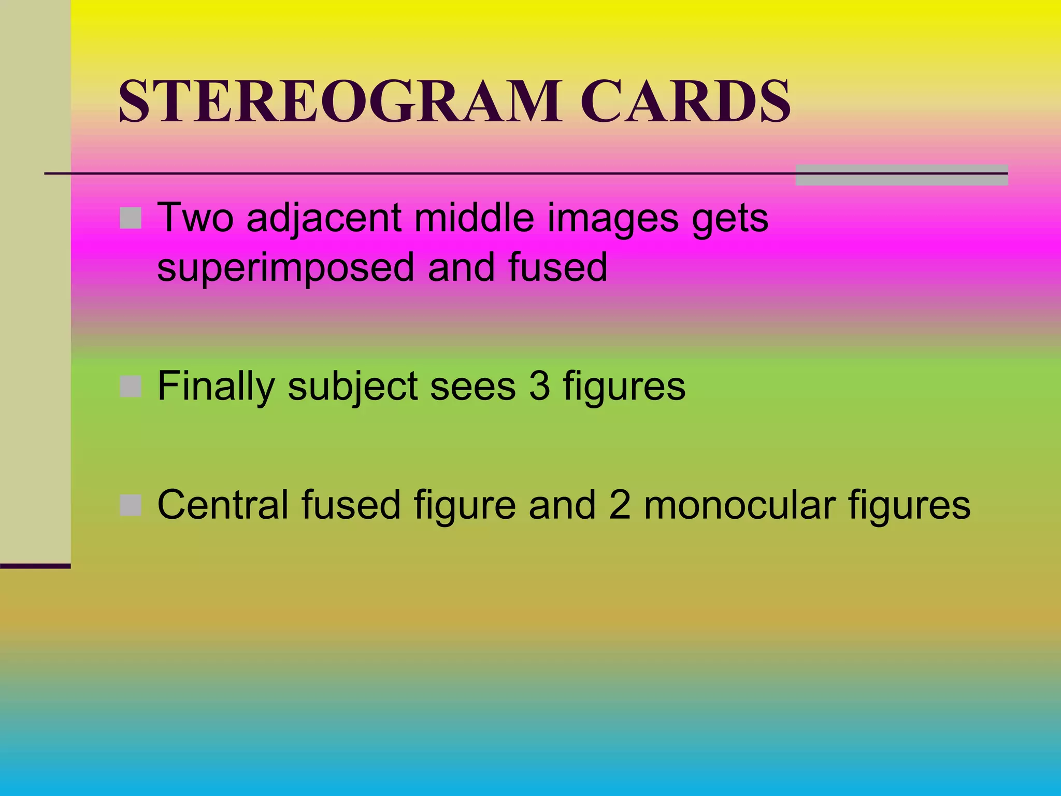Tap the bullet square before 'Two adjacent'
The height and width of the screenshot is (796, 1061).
pyautogui.click(x=131, y=218)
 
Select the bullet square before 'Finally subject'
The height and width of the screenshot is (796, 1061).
pyautogui.click(x=131, y=387)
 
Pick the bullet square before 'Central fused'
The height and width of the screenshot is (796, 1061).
pyautogui.click(x=131, y=505)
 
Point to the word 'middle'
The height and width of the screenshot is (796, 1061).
pyautogui.click(x=474, y=217)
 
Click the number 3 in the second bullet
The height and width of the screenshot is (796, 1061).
pyautogui.click(x=539, y=386)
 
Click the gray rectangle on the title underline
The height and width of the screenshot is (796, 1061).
pyautogui.click(x=901, y=175)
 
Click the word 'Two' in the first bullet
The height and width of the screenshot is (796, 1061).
pyautogui.click(x=195, y=217)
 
